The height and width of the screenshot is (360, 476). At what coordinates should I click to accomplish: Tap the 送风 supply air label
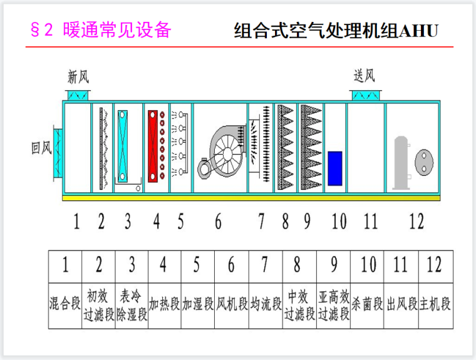point(364,76)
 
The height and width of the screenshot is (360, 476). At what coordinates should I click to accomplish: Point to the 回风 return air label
point(41,148)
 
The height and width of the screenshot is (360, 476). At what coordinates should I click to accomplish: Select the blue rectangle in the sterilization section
point(335,168)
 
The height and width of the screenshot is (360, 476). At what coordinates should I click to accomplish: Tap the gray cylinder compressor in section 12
point(400,162)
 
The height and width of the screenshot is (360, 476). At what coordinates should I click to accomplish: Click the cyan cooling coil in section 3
point(122,145)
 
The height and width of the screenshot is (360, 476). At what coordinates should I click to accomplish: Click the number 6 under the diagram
point(217,221)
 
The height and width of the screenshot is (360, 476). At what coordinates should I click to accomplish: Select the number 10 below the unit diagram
point(339,221)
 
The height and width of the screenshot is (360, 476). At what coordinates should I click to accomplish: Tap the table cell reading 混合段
point(65,305)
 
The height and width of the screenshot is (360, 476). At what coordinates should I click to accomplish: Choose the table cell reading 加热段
point(164,305)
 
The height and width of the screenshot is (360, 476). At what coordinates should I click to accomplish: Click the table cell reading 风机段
point(232,305)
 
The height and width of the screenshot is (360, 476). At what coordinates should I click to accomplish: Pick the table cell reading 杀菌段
point(368,305)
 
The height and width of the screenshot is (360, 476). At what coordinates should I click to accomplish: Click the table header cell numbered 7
point(265,265)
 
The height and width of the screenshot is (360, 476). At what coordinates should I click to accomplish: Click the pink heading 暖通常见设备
point(116,30)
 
